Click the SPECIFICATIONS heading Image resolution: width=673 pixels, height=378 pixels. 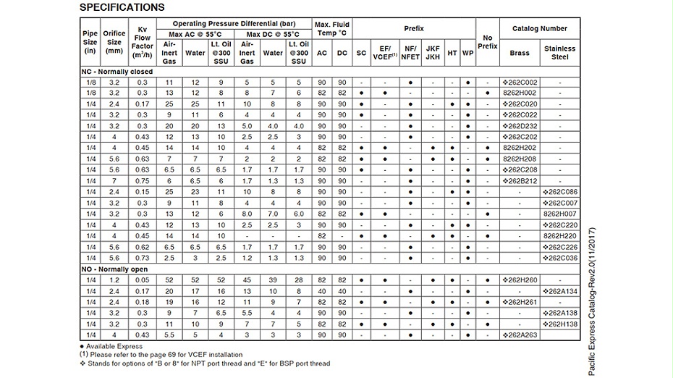pyautogui.click(x=122, y=7)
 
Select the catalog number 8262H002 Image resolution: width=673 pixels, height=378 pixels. pyautogui.click(x=520, y=93)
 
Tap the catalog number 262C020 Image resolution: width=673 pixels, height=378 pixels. pyautogui.click(x=520, y=104)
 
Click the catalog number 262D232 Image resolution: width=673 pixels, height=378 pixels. pyautogui.click(x=520, y=125)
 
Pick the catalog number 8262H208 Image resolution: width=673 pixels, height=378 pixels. pyautogui.click(x=520, y=158)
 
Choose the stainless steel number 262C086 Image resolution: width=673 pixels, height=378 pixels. pyautogui.click(x=560, y=191)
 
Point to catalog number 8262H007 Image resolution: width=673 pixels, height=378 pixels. pyautogui.click(x=560, y=214)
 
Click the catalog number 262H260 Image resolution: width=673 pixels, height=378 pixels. pyautogui.click(x=520, y=280)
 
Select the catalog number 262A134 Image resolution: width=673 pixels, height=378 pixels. pyautogui.click(x=560, y=290)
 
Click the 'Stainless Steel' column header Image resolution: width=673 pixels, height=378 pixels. pyautogui.click(x=560, y=53)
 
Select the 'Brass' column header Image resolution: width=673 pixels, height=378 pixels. pyautogui.click(x=520, y=53)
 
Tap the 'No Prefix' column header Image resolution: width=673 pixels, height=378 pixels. pyautogui.click(x=488, y=42)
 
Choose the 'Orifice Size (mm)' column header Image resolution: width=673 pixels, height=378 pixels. pyautogui.click(x=114, y=42)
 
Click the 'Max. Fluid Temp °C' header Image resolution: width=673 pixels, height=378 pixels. pyautogui.click(x=331, y=29)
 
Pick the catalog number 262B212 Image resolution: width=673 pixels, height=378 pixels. pyautogui.click(x=520, y=180)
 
